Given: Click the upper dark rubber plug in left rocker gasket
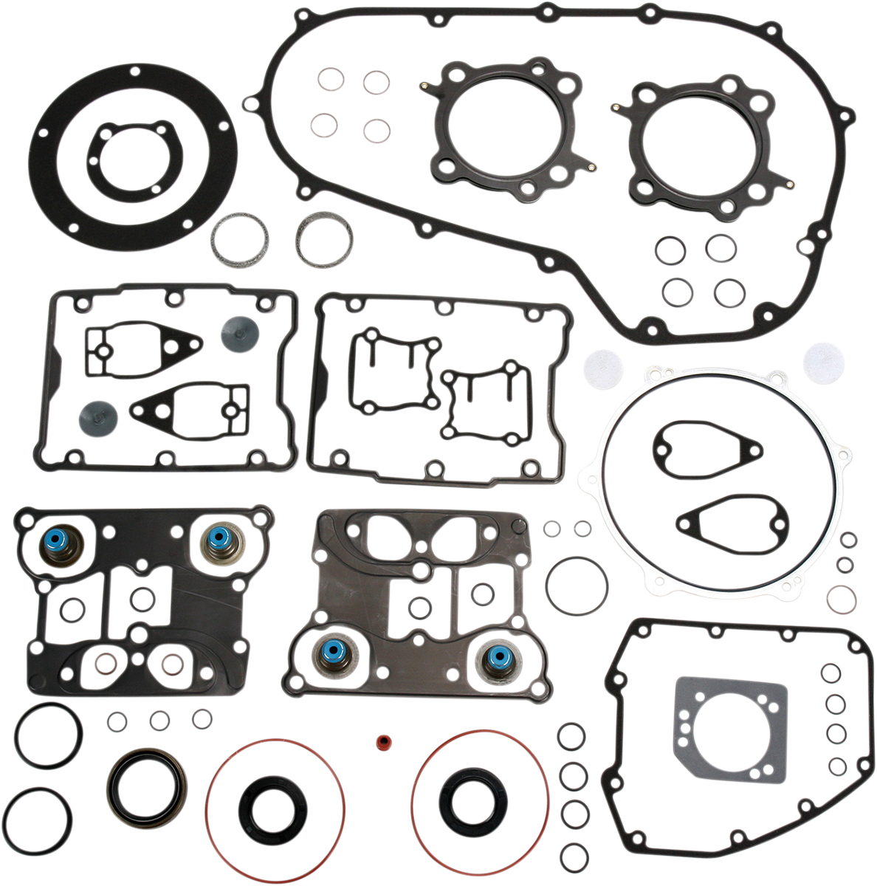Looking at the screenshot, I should click(x=238, y=332).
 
